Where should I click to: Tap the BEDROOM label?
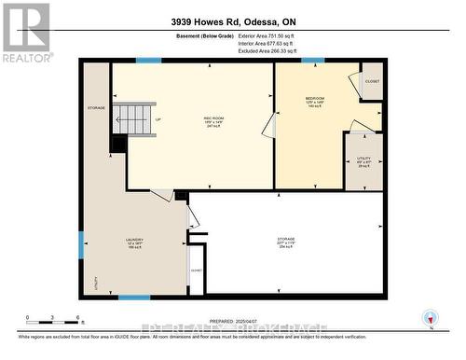tap(315, 99)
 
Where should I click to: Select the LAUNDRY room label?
tap(134, 242)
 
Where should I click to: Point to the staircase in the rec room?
tap(134, 119)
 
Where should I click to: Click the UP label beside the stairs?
tap(158, 118)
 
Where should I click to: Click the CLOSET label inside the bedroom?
tap(372, 81)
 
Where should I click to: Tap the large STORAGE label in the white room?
tap(286, 242)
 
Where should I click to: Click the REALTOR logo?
tap(26, 32)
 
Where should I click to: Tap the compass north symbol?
tap(429, 315)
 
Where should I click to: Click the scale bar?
tap(52, 320)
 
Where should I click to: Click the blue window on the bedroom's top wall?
tap(313, 62)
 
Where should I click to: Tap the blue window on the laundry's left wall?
tap(81, 244)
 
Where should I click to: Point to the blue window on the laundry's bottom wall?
tap(134, 298)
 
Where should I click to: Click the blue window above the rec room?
tap(148, 62)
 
